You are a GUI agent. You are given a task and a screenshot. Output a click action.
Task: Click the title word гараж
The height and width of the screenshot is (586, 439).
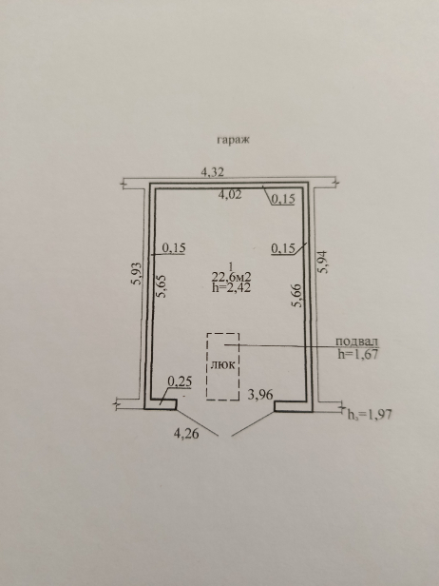pos(233,140)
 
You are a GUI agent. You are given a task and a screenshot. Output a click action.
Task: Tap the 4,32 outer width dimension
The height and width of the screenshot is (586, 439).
pos(213,172)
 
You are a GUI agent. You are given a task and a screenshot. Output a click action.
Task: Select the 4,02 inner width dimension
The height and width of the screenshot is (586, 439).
pos(230,194)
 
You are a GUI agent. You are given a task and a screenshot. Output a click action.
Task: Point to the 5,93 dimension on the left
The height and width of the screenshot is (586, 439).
pos(138,273)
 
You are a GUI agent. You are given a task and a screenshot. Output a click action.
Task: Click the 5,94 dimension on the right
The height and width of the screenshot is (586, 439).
pos(323,262)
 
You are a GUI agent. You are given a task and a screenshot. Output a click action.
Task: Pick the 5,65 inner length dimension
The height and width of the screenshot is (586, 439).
pos(162,286)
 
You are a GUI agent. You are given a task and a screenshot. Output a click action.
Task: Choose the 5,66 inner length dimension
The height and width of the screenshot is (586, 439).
pos(297,295)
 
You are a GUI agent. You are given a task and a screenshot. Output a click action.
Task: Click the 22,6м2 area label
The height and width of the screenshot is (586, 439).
pos(231,277)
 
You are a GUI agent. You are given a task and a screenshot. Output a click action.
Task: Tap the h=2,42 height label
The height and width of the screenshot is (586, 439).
pos(231,287)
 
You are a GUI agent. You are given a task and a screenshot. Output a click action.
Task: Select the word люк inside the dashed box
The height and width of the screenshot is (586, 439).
pos(223,364)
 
